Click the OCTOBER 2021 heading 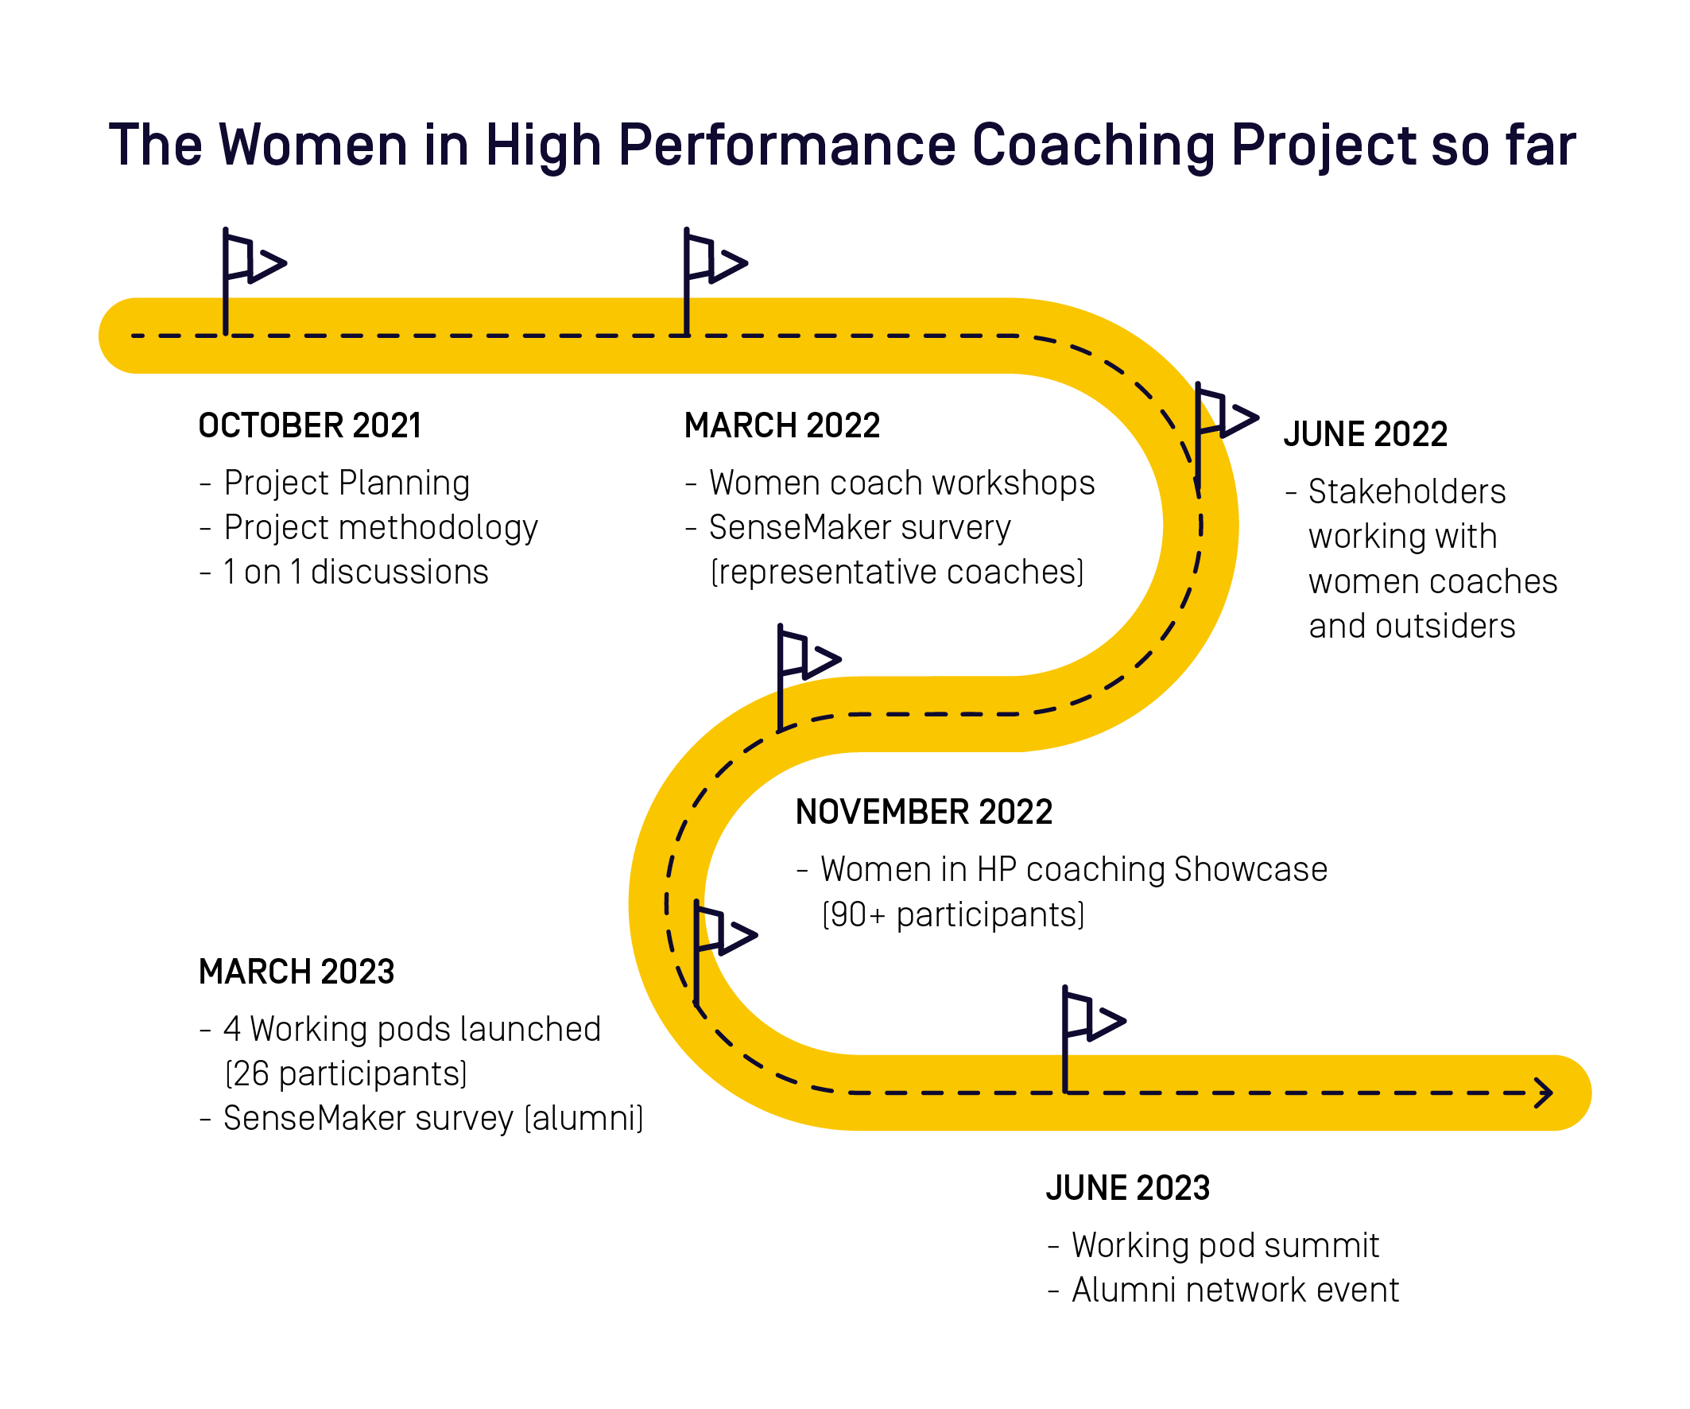tap(310, 426)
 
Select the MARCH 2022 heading tap(781, 426)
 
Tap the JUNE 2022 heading tap(1365, 435)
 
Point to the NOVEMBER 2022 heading tap(923, 813)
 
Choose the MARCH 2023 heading tap(297, 972)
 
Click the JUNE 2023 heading tap(1127, 1189)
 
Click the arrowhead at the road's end tap(1543, 1093)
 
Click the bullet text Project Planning tap(346, 483)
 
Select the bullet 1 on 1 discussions tap(355, 573)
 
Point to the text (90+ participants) tap(953, 914)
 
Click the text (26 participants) tap(346, 1073)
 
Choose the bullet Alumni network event tap(1235, 1290)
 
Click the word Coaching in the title tap(1094, 146)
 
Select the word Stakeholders tap(1407, 492)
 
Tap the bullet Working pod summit tap(1225, 1245)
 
